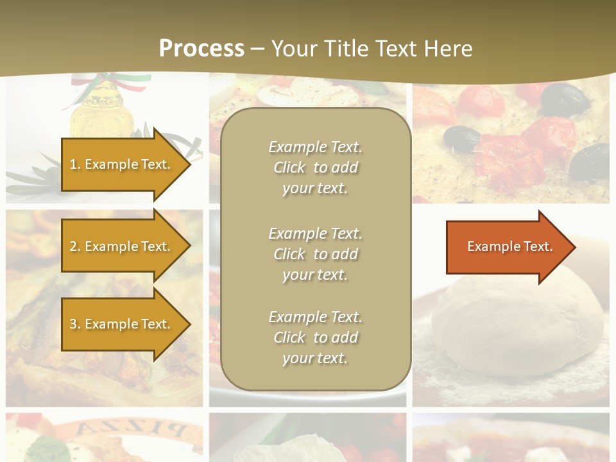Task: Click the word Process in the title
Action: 201,48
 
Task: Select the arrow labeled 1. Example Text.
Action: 122,164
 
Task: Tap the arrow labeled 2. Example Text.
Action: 122,246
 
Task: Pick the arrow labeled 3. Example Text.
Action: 122,324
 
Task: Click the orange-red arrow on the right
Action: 507,246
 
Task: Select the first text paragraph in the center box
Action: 315,167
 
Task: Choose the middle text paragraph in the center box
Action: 315,254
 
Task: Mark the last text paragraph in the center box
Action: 315,338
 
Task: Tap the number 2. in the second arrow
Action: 75,246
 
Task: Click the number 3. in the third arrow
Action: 75,324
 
